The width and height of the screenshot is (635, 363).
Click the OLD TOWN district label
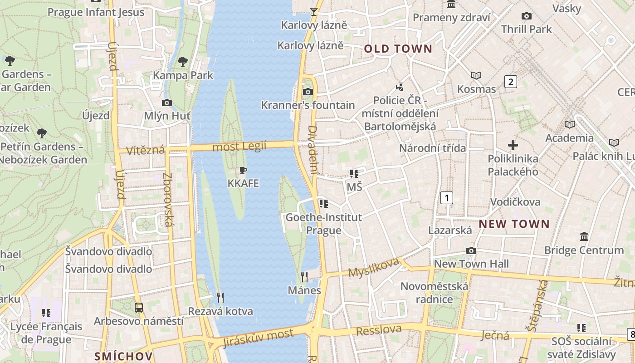[x=398, y=49]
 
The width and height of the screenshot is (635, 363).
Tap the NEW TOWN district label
[x=514, y=224]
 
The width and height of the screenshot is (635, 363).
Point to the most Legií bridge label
[x=239, y=147]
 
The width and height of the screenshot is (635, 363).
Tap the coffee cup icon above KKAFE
[x=243, y=171]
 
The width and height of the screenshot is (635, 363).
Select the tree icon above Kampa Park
[x=183, y=61]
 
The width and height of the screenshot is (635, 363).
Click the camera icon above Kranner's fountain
[x=308, y=92]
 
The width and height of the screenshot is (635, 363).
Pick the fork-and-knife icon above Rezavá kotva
[x=220, y=298]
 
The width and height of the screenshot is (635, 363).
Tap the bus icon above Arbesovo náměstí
[x=139, y=307]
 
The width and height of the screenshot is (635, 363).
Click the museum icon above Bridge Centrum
[x=584, y=236]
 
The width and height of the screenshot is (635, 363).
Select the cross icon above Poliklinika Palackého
[x=513, y=145]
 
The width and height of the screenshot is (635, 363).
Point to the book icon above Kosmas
[x=476, y=75]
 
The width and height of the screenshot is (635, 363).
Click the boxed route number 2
[x=511, y=82]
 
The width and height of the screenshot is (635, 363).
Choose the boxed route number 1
[x=447, y=197]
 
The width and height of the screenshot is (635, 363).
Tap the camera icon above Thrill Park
[x=527, y=16]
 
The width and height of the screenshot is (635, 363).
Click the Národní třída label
[x=432, y=148]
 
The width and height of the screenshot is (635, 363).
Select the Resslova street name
[x=379, y=330]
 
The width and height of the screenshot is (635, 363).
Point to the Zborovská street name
[x=168, y=199]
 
